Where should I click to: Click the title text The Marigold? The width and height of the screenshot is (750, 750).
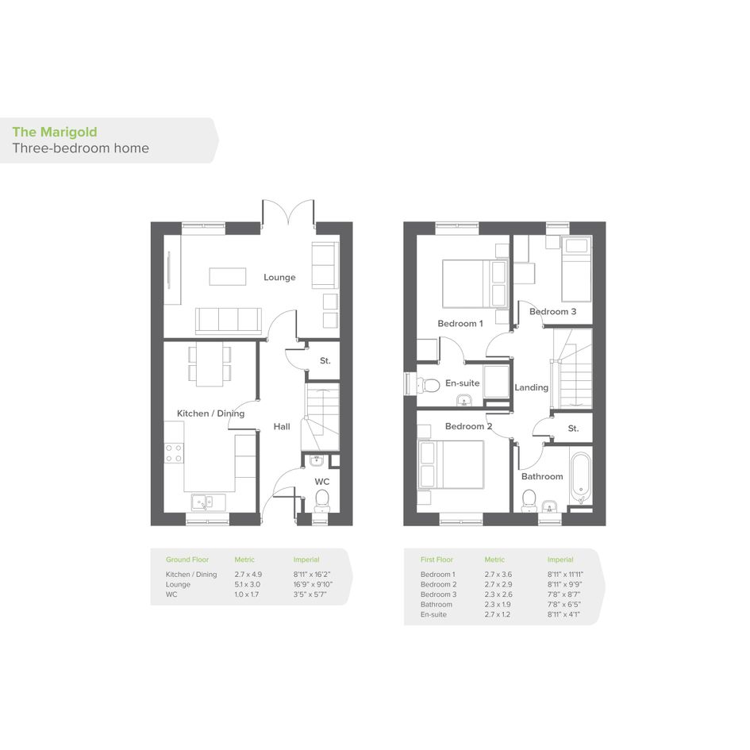pyautogui.click(x=55, y=132)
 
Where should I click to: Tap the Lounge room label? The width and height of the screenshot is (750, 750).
pyautogui.click(x=279, y=278)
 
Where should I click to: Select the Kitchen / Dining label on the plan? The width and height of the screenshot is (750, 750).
pyautogui.click(x=210, y=413)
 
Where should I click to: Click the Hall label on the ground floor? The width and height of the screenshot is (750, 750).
pyautogui.click(x=282, y=426)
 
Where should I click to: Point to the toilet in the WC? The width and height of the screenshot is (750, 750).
pyautogui.click(x=322, y=500)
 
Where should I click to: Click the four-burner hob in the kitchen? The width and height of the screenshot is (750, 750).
pyautogui.click(x=174, y=453)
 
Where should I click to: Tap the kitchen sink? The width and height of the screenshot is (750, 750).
pyautogui.click(x=208, y=502)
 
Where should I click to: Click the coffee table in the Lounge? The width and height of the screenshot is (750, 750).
pyautogui.click(x=228, y=276)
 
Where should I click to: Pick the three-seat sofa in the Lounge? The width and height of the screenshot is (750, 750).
pyautogui.click(x=228, y=321)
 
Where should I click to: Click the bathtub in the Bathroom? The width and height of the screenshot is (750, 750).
pyautogui.click(x=581, y=477)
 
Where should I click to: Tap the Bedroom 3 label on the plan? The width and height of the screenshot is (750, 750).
pyautogui.click(x=552, y=311)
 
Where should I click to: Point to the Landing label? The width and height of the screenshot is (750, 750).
pyautogui.click(x=532, y=387)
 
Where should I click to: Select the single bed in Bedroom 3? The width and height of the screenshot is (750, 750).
pyautogui.click(x=576, y=269)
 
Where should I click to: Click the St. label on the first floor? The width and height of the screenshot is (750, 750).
pyautogui.click(x=573, y=429)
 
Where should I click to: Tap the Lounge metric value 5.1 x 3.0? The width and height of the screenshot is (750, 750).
pyautogui.click(x=248, y=584)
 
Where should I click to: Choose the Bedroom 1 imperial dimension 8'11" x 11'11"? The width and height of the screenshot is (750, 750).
pyautogui.click(x=565, y=575)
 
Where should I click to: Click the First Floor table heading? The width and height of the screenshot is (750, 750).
pyautogui.click(x=437, y=560)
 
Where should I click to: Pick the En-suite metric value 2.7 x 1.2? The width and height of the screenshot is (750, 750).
pyautogui.click(x=498, y=614)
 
